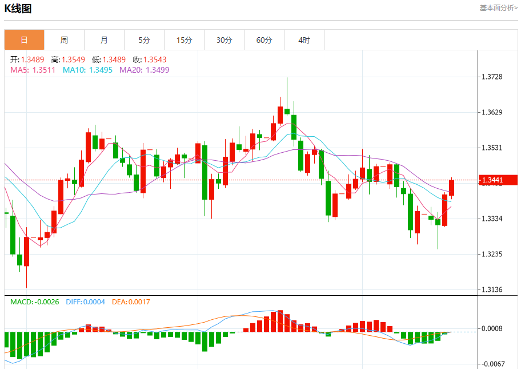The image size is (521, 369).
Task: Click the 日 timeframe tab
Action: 24,40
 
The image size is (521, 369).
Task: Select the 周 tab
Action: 64,40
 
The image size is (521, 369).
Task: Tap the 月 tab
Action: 104,40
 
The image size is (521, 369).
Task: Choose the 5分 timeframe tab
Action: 144,40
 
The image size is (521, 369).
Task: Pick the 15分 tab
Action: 184,40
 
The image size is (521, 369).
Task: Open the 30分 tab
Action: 224,40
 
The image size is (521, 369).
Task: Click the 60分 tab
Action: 264,40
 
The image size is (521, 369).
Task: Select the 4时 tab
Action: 304,40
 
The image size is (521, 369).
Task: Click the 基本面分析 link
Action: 498,8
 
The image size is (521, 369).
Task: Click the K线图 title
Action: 18,9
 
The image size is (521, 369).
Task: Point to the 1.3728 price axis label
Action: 492,77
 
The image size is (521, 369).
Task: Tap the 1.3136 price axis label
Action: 492,289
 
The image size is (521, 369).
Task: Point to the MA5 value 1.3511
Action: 44,70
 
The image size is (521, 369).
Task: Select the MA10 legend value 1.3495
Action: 100,70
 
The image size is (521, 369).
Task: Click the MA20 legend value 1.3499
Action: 157,70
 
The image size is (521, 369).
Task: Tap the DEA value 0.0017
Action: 139,301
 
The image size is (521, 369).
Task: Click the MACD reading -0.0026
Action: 46,301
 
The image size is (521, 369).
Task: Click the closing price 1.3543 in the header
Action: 155,59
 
